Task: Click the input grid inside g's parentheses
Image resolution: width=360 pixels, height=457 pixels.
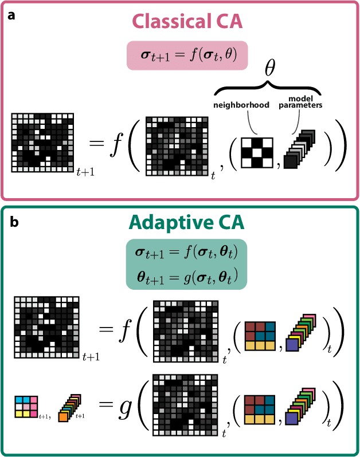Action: [x=186, y=407]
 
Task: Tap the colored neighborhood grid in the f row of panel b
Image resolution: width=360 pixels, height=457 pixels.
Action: [x=260, y=333]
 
